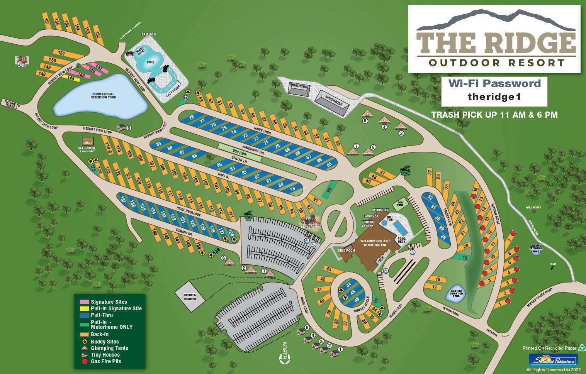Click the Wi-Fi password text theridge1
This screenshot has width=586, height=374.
(494, 96)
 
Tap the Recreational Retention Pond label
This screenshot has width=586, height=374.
(103, 95)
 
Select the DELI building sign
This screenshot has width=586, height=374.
(88, 141)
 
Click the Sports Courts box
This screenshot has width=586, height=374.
(190, 297)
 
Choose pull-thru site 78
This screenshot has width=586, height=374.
(191, 117)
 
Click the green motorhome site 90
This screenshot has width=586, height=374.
(329, 190)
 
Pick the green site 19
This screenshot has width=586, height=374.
(465, 257)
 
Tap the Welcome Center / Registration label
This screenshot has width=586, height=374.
(375, 243)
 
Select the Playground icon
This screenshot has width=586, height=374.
(311, 222)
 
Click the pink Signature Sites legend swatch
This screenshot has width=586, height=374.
(84, 302)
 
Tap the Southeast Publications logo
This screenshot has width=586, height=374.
(553, 360)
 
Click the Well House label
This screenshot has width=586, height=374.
(533, 207)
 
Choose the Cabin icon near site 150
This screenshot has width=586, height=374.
(22, 61)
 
